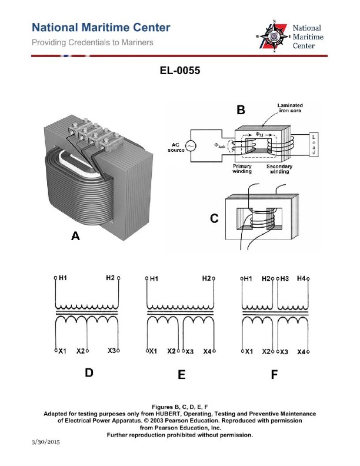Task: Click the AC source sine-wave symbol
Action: coord(191,145)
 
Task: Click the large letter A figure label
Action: coord(75,236)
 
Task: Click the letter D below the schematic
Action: coord(89,373)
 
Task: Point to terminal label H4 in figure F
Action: coord(301,278)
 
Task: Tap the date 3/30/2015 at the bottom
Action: coord(46,441)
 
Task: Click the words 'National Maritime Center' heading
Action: coord(101,28)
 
